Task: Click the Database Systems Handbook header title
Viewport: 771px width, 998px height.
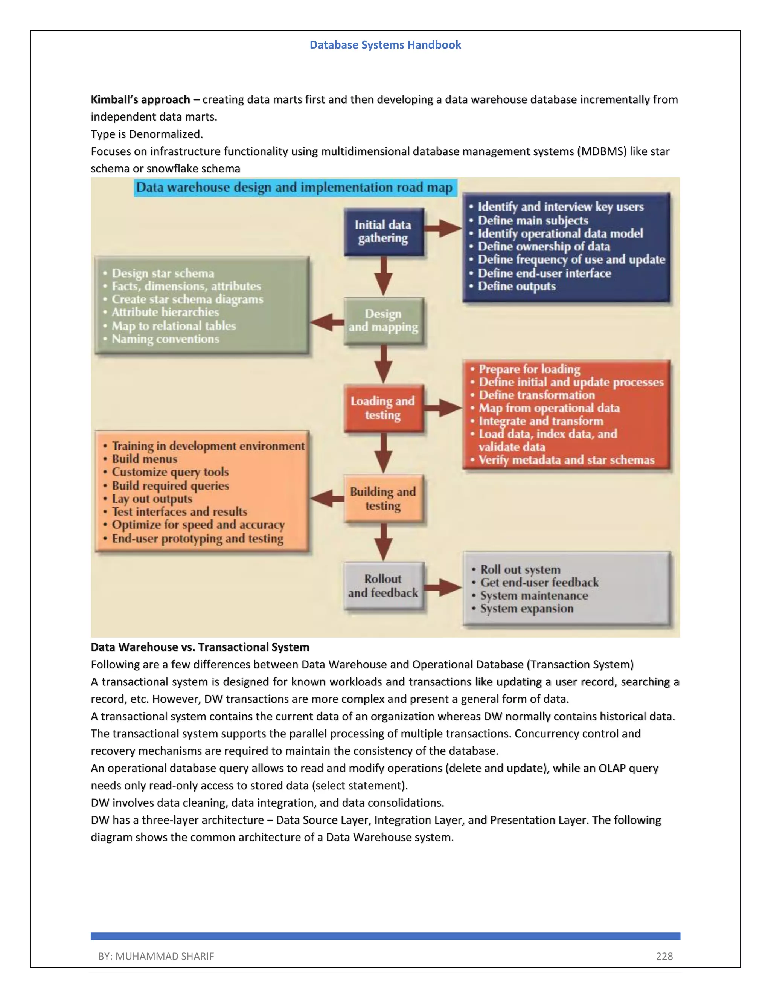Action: [x=385, y=45]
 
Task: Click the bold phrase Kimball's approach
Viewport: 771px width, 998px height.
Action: [x=140, y=100]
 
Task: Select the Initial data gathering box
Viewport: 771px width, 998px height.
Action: [x=383, y=232]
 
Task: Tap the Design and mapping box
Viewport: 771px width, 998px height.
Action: [x=383, y=321]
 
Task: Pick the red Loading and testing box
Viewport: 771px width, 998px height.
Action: [x=383, y=408]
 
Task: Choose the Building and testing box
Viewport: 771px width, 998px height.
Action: [x=383, y=499]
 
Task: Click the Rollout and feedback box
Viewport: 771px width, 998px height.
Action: [x=383, y=586]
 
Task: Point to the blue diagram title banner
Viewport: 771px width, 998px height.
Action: [x=295, y=187]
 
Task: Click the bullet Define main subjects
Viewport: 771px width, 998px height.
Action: [x=533, y=220]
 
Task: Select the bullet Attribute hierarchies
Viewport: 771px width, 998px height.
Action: [x=165, y=312]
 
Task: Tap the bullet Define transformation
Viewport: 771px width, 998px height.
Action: [x=537, y=395]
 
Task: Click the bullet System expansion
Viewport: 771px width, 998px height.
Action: [x=527, y=609]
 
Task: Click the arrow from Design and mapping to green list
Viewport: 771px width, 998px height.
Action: [x=327, y=322]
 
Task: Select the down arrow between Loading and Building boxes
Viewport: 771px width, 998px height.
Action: [x=383, y=452]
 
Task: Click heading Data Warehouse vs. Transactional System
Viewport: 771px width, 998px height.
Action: [x=200, y=647]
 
